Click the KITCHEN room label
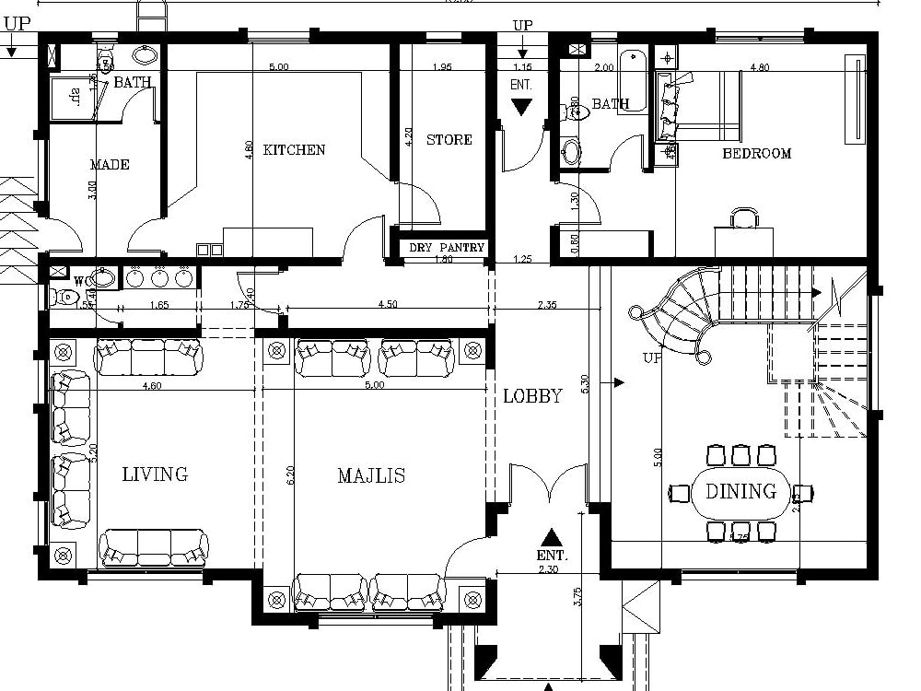pyautogui.click(x=294, y=150)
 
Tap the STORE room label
pyautogui.click(x=449, y=140)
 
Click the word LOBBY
pyautogui.click(x=532, y=396)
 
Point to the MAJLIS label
pyautogui.click(x=371, y=475)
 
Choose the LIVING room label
pyautogui.click(x=155, y=474)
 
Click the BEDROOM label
pyautogui.click(x=756, y=154)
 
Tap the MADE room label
pyautogui.click(x=110, y=165)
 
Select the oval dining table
pyautogui.click(x=740, y=492)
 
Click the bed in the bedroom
pyautogui.click(x=700, y=106)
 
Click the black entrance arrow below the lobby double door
pyautogui.click(x=551, y=537)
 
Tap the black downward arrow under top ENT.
pyautogui.click(x=522, y=107)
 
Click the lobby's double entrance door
pyautogui.click(x=549, y=484)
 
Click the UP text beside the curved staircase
pyautogui.click(x=653, y=357)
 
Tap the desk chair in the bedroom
pyautogui.click(x=745, y=217)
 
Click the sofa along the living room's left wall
pyautogui.click(x=71, y=450)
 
